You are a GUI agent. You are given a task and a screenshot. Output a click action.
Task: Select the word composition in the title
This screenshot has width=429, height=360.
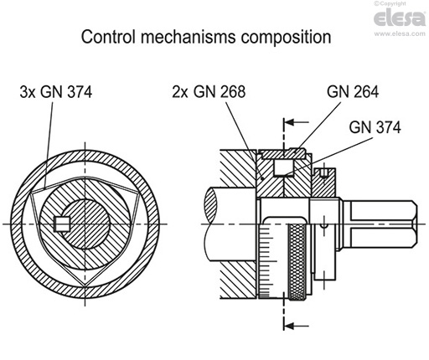click(x=285, y=38)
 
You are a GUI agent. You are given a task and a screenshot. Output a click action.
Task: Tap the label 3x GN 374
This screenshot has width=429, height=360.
click(x=55, y=93)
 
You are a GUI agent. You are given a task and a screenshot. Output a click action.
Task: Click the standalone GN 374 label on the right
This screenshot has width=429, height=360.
click(x=375, y=127)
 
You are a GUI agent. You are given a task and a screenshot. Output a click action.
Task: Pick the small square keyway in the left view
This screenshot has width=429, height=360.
click(x=59, y=223)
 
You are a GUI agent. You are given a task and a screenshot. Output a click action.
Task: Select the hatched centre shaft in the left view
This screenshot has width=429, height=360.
click(x=89, y=223)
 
